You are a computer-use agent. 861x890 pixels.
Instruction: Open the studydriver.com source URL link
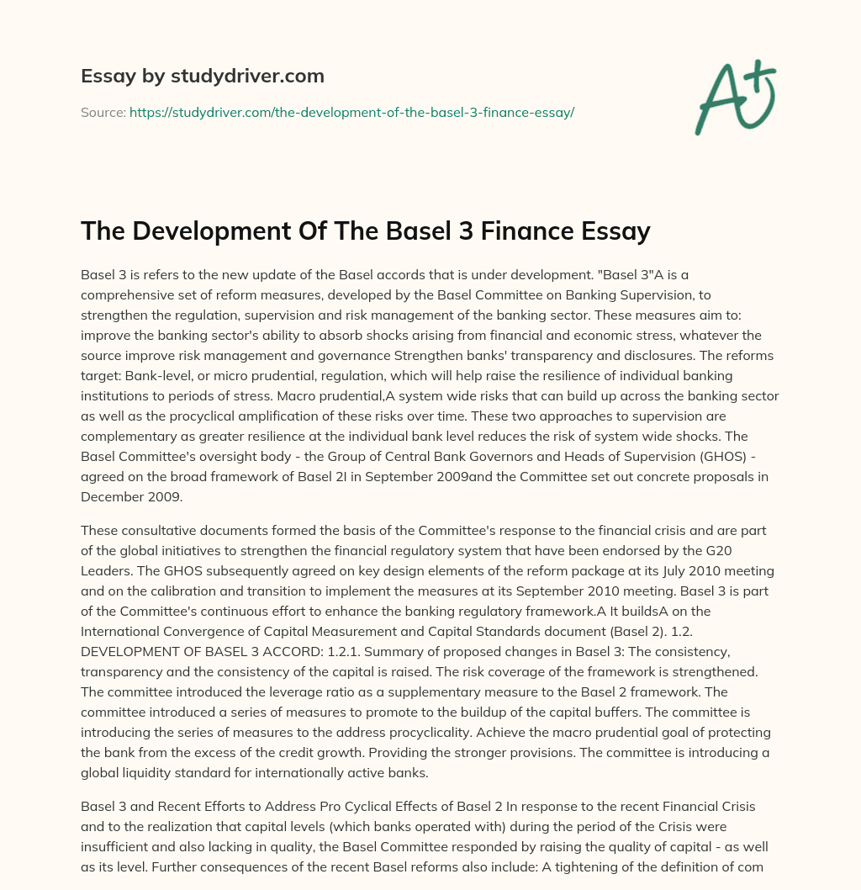[351, 112]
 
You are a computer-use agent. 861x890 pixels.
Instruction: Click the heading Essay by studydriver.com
[202, 76]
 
